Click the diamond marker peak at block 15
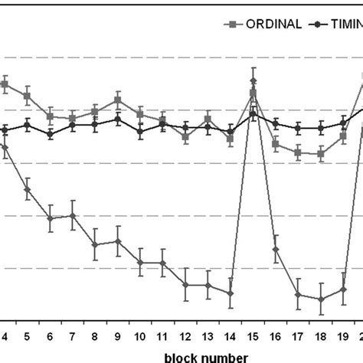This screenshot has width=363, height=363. tap(253, 81)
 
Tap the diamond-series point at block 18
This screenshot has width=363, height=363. tap(321, 299)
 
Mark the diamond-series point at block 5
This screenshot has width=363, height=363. tap(27, 190)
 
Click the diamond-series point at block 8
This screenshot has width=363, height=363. tap(95, 245)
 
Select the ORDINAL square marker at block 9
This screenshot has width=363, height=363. tap(117, 100)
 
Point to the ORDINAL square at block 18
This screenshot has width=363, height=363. tap(321, 154)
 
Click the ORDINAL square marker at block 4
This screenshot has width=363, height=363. tap(5, 84)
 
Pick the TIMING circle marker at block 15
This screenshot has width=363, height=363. tap(253, 114)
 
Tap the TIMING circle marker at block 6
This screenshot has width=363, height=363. tap(50, 134)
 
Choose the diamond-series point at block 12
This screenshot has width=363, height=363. tap(185, 284)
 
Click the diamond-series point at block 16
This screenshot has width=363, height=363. tap(276, 250)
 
